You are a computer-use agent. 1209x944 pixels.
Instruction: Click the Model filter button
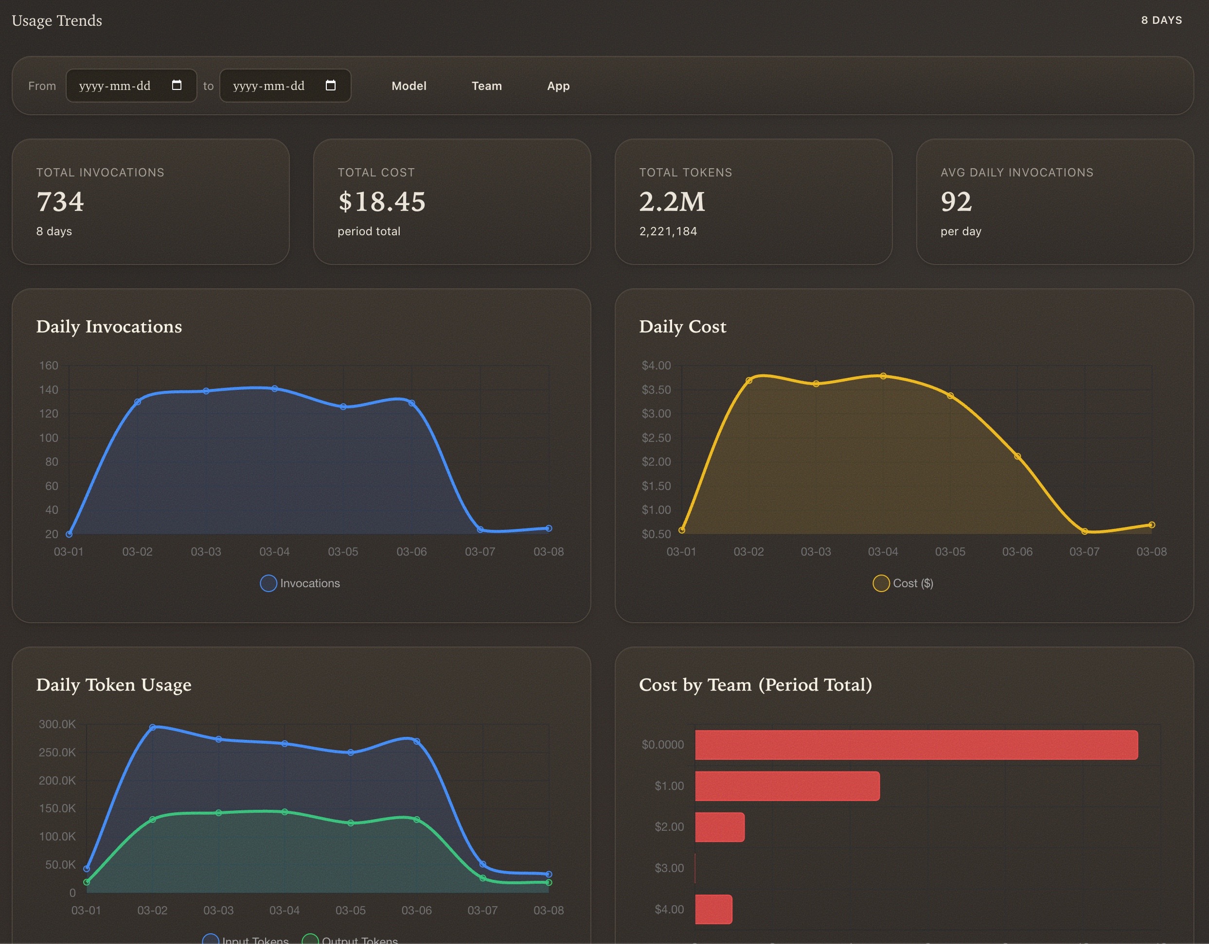(x=409, y=86)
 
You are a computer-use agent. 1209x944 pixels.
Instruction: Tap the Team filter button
(x=487, y=86)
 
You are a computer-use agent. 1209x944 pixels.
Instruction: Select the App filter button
(x=558, y=86)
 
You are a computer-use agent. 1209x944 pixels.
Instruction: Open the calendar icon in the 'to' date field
(x=331, y=85)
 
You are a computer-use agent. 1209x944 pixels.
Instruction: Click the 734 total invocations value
(x=60, y=201)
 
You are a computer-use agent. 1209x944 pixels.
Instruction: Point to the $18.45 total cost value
(x=381, y=201)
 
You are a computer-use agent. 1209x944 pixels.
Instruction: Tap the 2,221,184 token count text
(x=668, y=231)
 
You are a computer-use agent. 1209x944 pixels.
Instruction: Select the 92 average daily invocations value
(x=956, y=201)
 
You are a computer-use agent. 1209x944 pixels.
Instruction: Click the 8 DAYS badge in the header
(x=1161, y=20)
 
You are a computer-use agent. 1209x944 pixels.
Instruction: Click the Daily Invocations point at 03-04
(x=275, y=389)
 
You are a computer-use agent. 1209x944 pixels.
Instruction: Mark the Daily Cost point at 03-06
(x=1017, y=456)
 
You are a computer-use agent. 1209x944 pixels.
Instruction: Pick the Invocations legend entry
(x=300, y=583)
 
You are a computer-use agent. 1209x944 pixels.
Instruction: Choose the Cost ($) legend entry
(x=903, y=583)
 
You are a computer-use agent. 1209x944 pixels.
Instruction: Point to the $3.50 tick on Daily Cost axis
(x=656, y=389)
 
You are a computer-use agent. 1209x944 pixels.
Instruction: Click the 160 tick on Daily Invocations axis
(x=49, y=365)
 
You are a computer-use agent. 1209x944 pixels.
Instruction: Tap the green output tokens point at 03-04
(x=284, y=812)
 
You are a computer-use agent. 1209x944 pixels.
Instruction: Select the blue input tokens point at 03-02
(x=153, y=727)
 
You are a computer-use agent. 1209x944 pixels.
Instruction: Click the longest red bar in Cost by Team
(x=916, y=745)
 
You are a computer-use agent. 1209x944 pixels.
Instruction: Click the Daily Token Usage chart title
(x=113, y=685)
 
